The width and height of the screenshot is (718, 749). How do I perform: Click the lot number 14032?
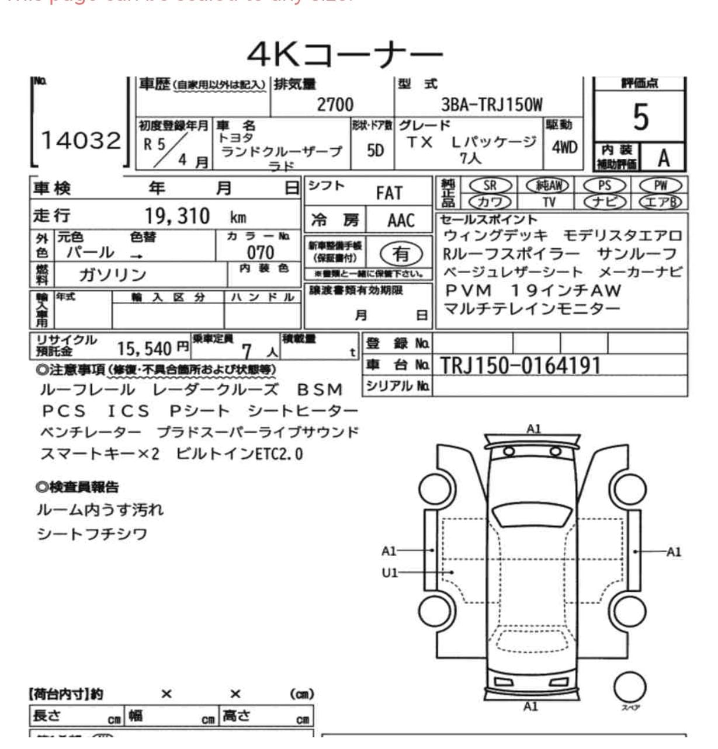tap(81, 141)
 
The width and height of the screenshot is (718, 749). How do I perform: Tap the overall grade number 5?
tap(640, 117)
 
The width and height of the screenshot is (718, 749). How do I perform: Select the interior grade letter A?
tap(663, 158)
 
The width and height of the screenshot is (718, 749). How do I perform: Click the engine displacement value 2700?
tap(335, 104)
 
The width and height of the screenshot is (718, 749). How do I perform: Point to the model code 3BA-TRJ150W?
tap(491, 104)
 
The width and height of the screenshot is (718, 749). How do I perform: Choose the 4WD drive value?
tap(564, 147)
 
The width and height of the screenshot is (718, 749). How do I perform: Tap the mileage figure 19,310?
tap(177, 216)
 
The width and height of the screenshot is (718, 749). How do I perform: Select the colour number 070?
tap(260, 252)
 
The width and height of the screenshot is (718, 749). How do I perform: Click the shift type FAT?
tap(389, 193)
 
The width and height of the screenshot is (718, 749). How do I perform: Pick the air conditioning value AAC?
tap(400, 221)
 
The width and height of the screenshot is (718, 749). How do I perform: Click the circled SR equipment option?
tap(490, 186)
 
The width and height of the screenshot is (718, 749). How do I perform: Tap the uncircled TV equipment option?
tap(549, 202)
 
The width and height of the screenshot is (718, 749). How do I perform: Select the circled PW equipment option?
tap(660, 186)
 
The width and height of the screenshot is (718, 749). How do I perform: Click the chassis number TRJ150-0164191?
tap(520, 365)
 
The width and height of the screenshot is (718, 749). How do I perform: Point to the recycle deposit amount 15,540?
tap(144, 349)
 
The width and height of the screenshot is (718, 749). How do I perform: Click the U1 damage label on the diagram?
tap(389, 573)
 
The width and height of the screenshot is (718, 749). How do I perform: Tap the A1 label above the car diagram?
tap(533, 429)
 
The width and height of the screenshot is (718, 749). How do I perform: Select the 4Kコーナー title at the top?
tap(345, 55)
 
